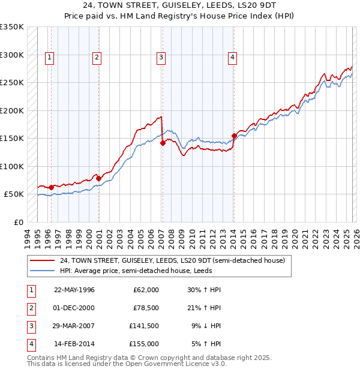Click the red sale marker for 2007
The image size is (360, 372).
pyautogui.click(x=163, y=143)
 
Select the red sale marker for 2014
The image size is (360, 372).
pyautogui.click(x=233, y=136)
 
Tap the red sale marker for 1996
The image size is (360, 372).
pyautogui.click(x=51, y=187)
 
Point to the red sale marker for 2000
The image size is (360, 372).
pyautogui.click(x=98, y=178)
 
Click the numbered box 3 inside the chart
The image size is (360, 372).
pyautogui.click(x=161, y=58)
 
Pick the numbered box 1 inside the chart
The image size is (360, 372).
pyautogui.click(x=49, y=58)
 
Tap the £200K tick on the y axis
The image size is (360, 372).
pyautogui.click(x=12, y=110)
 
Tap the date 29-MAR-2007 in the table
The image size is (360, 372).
pyautogui.click(x=74, y=326)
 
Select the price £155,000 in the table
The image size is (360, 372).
pyautogui.click(x=144, y=344)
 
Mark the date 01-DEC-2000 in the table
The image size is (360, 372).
pyautogui.click(x=74, y=308)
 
